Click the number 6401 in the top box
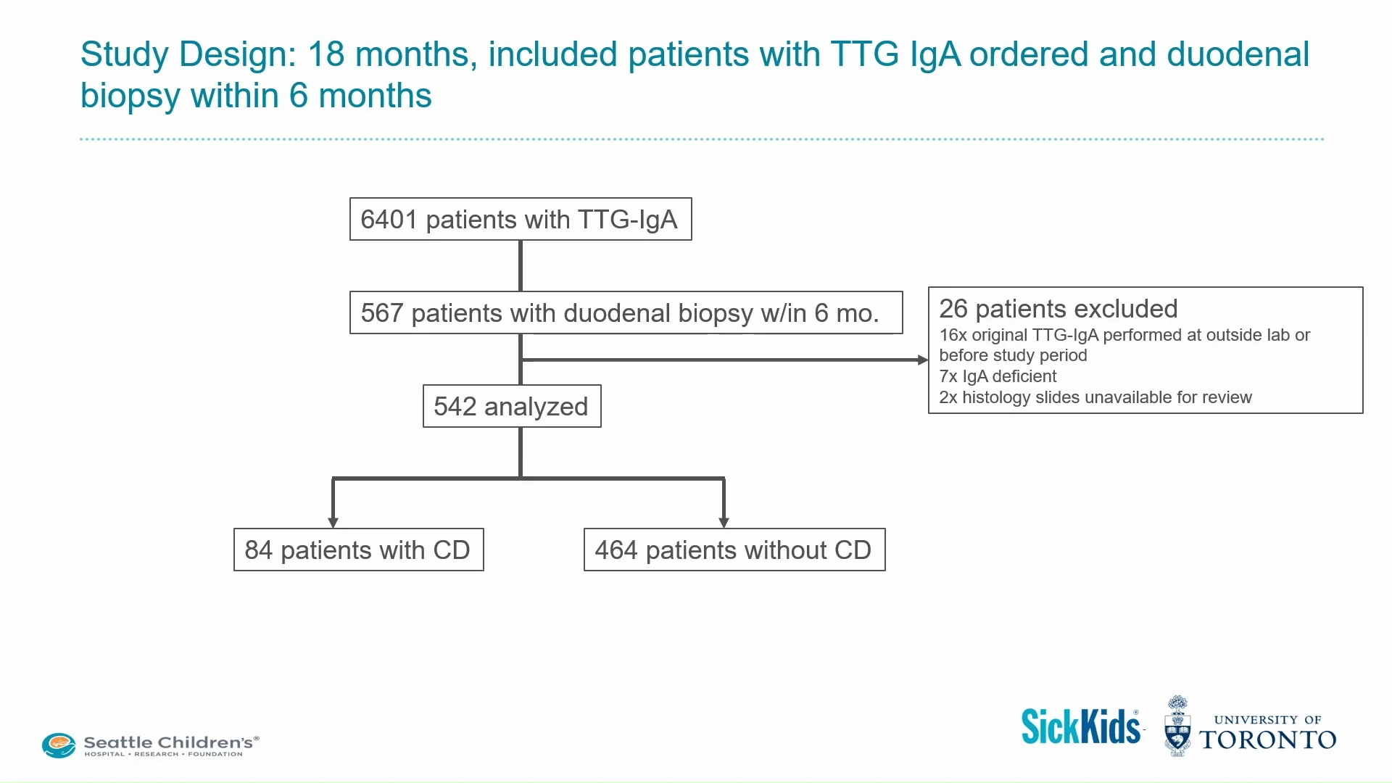click(389, 220)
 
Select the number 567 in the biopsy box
click(381, 313)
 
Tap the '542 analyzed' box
click(511, 407)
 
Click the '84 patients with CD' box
click(358, 550)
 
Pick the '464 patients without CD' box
click(734, 550)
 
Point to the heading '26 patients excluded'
click(1058, 309)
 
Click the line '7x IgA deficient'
click(998, 376)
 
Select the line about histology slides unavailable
click(1095, 397)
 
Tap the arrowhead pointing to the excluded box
click(922, 360)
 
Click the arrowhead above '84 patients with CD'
click(333, 522)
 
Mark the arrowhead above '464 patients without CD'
click(724, 522)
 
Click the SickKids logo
click(1080, 727)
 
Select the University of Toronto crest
click(1177, 727)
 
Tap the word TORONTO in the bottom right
click(1267, 740)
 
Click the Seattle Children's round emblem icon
click(59, 745)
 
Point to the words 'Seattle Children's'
click(168, 742)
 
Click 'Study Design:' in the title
click(188, 54)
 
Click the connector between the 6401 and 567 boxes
click(521, 265)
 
